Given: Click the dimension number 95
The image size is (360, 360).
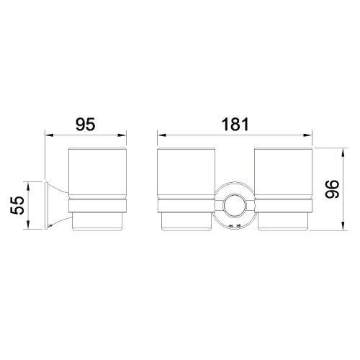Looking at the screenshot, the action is (86, 124).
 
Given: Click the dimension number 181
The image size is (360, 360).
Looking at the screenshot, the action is (235, 124).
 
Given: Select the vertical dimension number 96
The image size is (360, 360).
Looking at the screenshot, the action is (332, 189).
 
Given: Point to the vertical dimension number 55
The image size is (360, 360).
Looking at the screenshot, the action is (17, 205).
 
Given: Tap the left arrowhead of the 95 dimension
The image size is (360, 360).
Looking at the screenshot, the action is (49, 135).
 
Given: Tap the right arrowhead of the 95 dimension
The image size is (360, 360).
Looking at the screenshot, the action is (122, 135).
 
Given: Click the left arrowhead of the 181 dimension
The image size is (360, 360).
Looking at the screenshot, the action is (161, 135).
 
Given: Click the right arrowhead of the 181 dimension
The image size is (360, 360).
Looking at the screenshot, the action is (307, 135).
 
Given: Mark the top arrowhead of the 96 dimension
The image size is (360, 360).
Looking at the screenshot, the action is (343, 152).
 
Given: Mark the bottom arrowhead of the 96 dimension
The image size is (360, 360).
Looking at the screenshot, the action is (343, 226).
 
